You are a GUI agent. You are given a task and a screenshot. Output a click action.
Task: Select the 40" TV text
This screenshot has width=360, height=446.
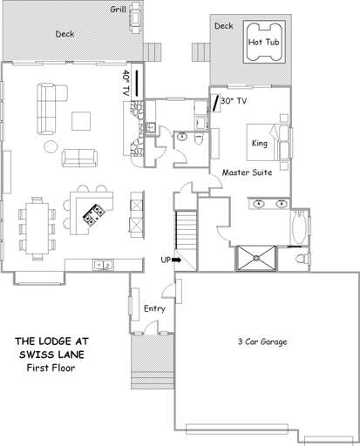coord(126,84)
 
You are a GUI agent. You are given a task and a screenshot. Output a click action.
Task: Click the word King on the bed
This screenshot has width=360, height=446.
coord(260,143)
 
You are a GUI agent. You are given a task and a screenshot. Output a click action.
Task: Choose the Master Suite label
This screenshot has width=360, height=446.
coord(247,172)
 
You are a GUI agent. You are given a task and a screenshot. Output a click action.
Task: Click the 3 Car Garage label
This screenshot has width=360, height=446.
coord(266,341)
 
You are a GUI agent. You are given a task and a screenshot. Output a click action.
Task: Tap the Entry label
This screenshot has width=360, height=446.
coord(153,308)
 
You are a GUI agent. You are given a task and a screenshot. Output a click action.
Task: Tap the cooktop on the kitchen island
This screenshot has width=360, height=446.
coord(92,214)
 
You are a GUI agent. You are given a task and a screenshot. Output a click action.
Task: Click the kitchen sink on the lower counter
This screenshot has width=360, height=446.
coord(104,263)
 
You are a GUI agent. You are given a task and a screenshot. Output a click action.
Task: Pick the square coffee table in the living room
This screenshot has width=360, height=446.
coord(82,121)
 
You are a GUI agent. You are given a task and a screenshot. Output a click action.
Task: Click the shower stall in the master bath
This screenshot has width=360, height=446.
coord(256,258)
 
